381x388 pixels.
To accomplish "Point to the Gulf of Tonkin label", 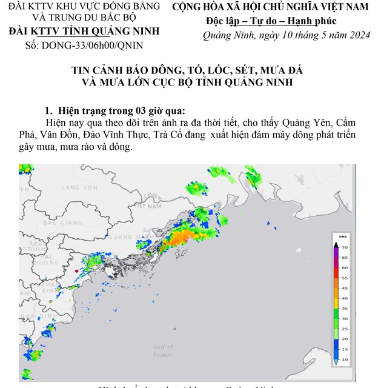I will point(162,350).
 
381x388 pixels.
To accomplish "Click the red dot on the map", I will point(76,270).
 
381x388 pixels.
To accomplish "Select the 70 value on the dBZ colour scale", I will point(344,247).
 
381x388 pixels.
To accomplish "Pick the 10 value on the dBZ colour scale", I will point(344,360).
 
